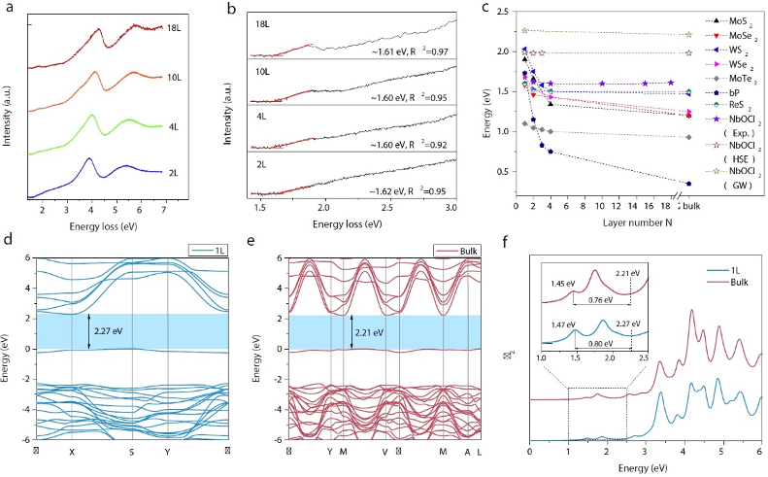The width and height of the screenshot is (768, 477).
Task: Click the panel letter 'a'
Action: pyautogui.click(x=10, y=12)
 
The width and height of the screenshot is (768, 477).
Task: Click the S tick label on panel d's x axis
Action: pyautogui.click(x=132, y=452)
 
